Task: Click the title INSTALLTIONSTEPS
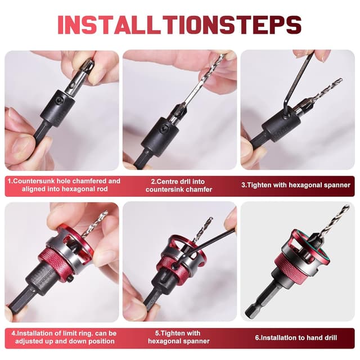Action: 179,25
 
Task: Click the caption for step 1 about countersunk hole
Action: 64,185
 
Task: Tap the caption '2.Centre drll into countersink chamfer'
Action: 179,186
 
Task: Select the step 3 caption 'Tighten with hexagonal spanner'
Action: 296,185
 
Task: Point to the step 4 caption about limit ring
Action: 64,337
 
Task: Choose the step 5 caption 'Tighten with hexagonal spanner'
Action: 179,337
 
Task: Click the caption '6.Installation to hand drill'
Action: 296,337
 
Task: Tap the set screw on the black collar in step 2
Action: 164,129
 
